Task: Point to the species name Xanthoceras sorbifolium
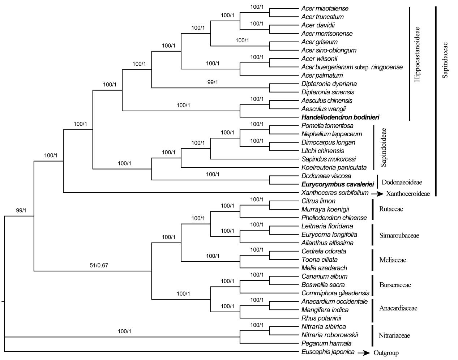pos(335,193)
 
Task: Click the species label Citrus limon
pos(318,201)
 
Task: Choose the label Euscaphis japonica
pos(328,352)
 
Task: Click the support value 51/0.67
pos(99,265)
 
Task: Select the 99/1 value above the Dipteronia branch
pos(213,82)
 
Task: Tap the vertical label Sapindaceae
pos(445,60)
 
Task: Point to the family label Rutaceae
pos(391,209)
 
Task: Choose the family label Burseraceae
pos(395,285)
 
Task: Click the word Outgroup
pos(386,353)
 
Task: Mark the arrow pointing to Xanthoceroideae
pos(377,194)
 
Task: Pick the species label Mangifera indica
pos(325,310)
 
